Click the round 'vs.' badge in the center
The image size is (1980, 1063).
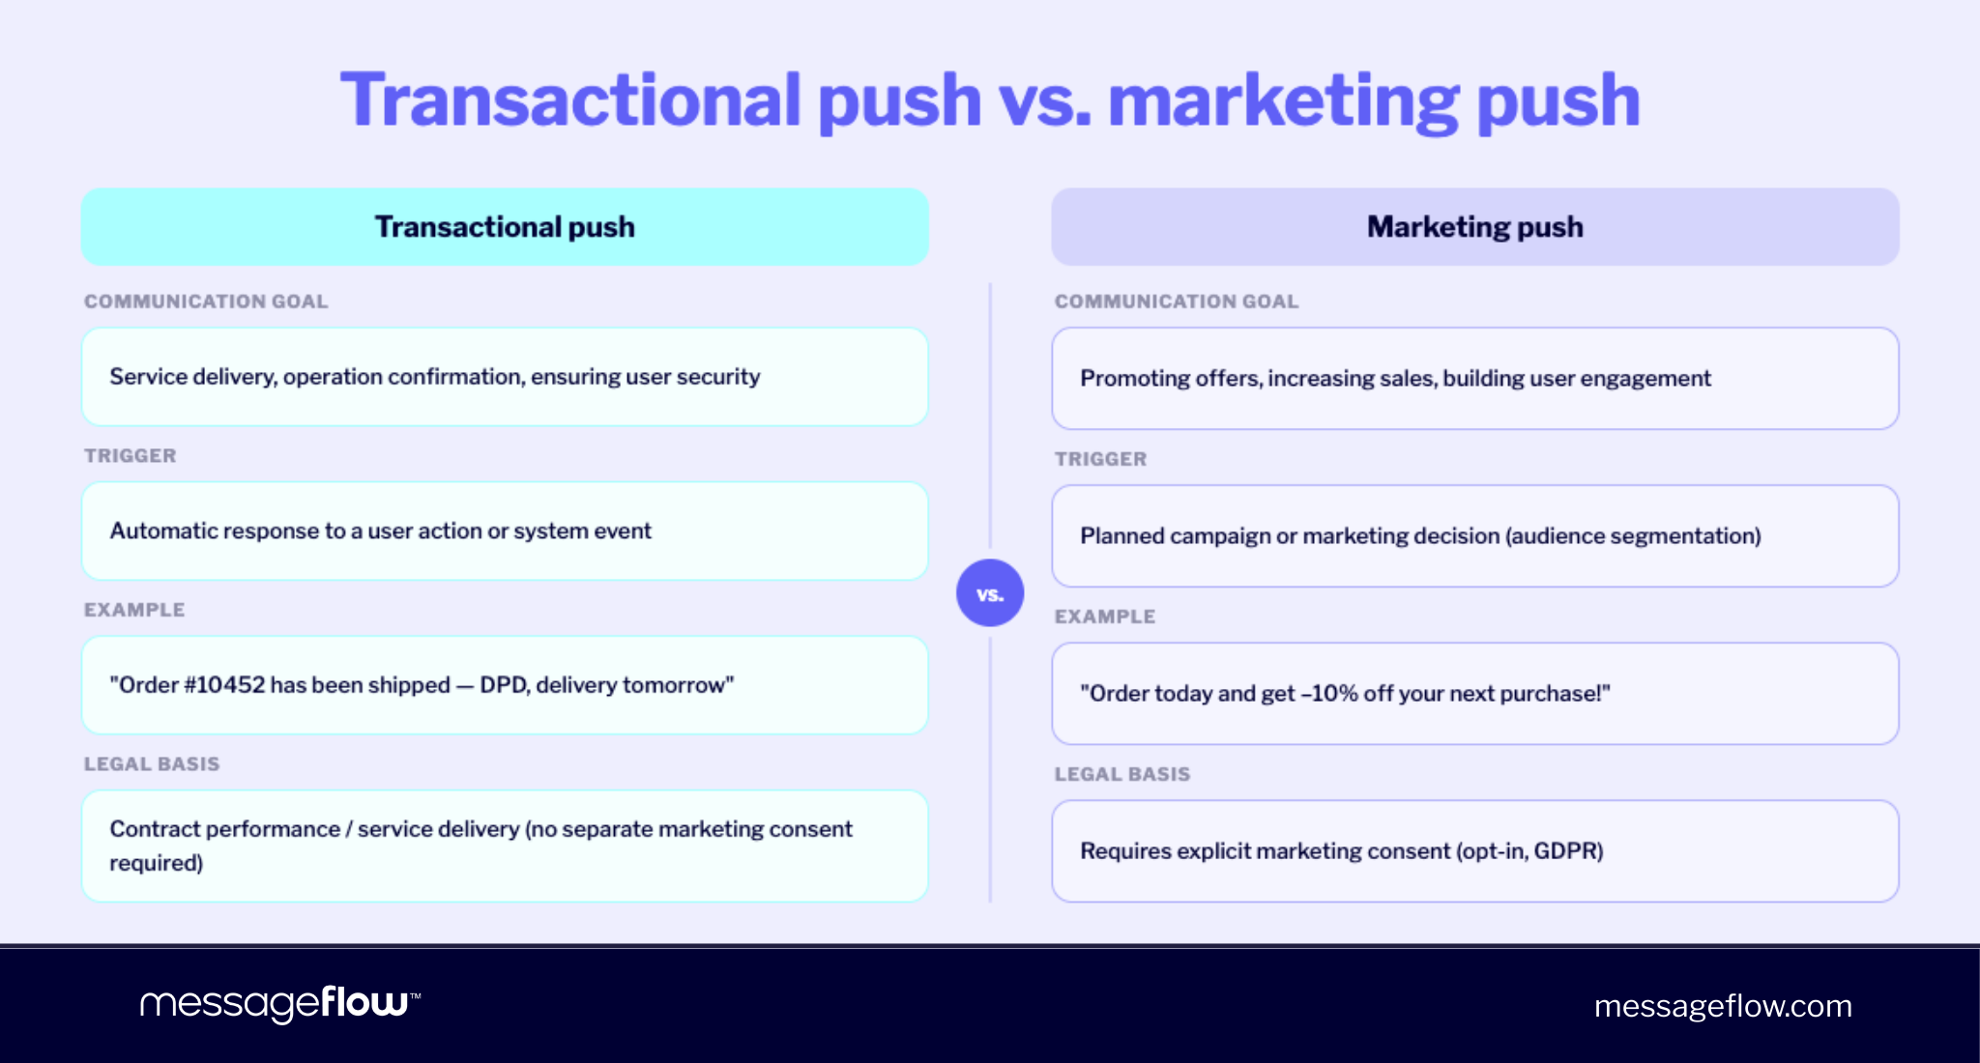coord(989,593)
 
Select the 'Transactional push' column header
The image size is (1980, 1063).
coord(505,227)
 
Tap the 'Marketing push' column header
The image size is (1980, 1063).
coord(1474,227)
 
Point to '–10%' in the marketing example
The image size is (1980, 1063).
coord(1329,694)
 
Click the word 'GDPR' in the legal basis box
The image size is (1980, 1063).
coord(1567,851)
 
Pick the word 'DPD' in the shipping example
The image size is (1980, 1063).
coord(503,685)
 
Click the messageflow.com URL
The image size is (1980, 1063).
coord(1722,1006)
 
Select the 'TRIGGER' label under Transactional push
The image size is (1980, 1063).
coord(130,456)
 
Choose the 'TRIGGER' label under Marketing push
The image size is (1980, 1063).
coord(1100,459)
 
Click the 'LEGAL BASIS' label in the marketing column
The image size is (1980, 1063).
coord(1121,774)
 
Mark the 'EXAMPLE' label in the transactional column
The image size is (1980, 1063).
coord(134,610)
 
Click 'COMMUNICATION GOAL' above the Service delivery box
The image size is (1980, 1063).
coord(206,302)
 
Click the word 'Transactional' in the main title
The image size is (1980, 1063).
coord(570,101)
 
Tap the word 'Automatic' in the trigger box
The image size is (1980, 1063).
coord(160,531)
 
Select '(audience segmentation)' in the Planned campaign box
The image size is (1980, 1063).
coord(1633,536)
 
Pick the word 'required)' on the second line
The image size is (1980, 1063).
coord(156,863)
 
